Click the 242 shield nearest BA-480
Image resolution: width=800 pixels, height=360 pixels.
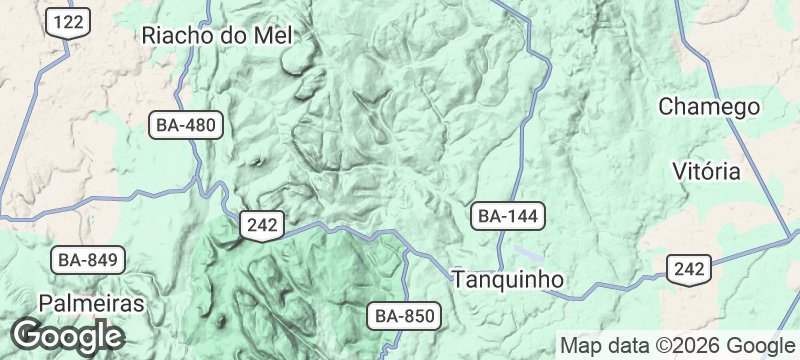point(263,226)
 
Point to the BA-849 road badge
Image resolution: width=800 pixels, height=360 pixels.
point(88,261)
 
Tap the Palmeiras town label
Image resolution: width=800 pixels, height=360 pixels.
point(92,303)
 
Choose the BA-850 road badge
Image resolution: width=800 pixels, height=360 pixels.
point(405,317)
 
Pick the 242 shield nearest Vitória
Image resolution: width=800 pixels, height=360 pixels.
point(690,268)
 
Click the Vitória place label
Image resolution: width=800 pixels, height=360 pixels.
point(707,170)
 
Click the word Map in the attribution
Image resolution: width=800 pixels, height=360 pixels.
point(580,346)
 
